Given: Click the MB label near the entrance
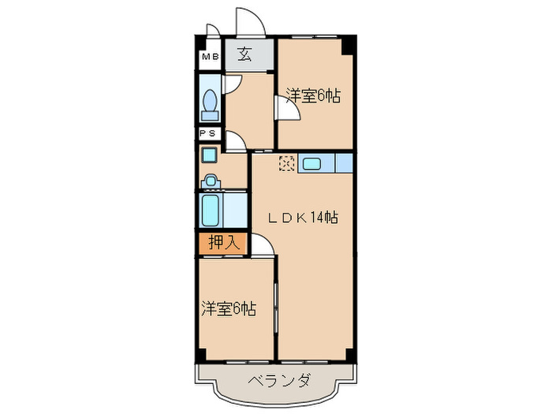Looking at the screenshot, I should [210, 56].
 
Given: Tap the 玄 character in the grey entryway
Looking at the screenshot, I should [245, 54].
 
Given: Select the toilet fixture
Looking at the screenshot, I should [210, 103].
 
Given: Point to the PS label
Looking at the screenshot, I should [210, 134].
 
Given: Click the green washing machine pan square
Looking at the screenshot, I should [209, 155].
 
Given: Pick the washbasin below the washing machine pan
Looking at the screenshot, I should [210, 181].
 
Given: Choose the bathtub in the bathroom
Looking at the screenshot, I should [211, 211].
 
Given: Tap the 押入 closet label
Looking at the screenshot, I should [222, 243].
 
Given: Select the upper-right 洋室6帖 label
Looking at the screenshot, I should [313, 96].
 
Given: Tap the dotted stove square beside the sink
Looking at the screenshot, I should [288, 164].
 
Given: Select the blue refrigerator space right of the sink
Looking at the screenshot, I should [345, 164].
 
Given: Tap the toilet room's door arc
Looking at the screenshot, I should [234, 82].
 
